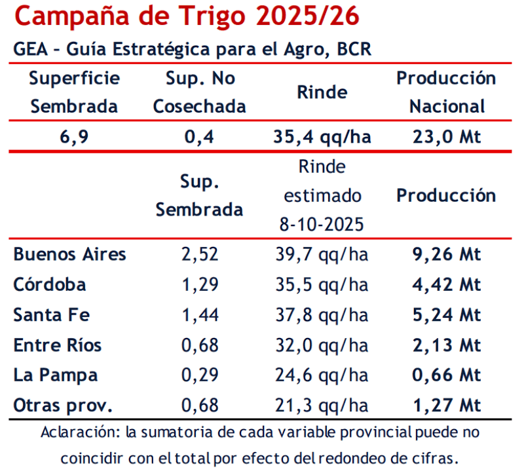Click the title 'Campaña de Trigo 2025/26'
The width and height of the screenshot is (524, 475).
coord(187,16)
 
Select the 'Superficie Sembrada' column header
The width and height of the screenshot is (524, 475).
coord(74,92)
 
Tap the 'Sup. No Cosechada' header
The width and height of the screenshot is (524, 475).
coord(200,92)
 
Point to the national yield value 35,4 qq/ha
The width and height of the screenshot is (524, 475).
coord(322,137)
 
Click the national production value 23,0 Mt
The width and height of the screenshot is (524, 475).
coord(446,137)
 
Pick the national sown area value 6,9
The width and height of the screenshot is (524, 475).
coord(74,137)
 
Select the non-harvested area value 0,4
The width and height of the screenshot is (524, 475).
coord(200,137)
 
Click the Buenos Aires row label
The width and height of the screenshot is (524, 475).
coord(69,254)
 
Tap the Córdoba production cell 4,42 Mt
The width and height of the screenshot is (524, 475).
coord(446,285)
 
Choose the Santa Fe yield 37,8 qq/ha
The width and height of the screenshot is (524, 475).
coord(322,315)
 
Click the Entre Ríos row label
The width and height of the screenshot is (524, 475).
coord(58,345)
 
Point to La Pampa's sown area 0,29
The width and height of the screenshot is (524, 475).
coord(200,375)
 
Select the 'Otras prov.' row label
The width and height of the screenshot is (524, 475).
coord(63,406)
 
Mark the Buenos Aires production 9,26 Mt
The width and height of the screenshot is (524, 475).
coord(446,254)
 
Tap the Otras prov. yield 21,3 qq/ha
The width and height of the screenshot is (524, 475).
coord(322,406)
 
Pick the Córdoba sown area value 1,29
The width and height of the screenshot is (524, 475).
coord(200,285)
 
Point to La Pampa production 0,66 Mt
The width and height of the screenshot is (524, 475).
coord(446,375)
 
